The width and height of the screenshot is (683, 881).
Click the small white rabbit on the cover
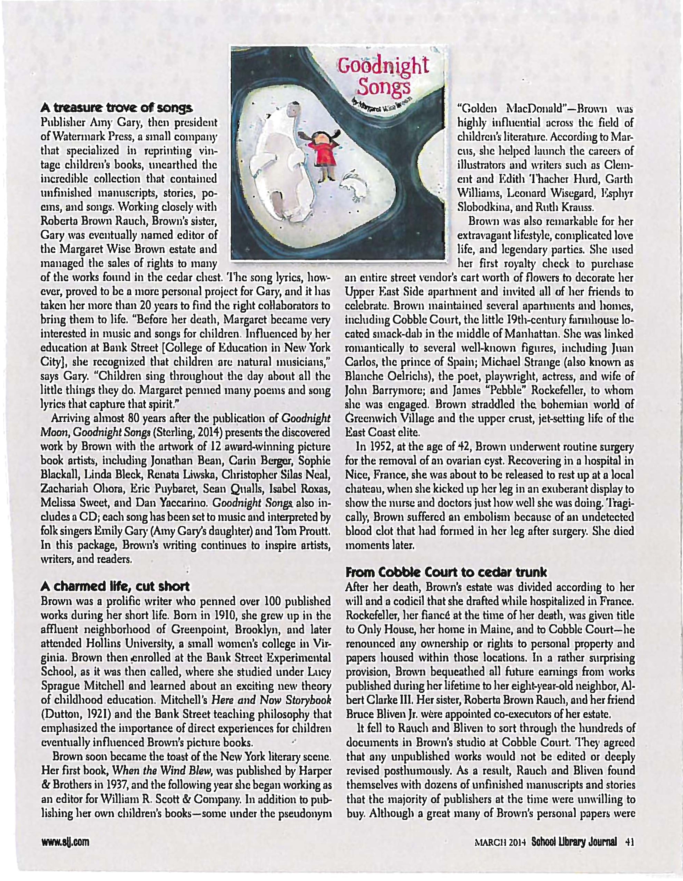click(355, 188)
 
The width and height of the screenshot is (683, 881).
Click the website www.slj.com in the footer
click(65, 842)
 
